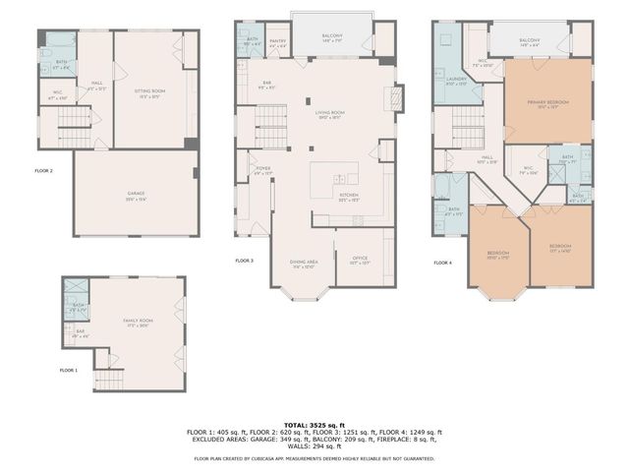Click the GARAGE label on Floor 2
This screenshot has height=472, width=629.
(x=136, y=194)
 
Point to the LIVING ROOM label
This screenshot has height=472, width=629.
(x=329, y=114)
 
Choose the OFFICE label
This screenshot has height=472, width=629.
(x=359, y=260)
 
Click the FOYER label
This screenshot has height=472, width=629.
(x=263, y=169)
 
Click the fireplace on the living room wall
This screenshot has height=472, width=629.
(x=396, y=99)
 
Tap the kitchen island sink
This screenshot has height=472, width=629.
(x=338, y=180)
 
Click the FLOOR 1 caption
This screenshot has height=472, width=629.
(x=68, y=370)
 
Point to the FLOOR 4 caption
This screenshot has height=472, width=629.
(x=443, y=263)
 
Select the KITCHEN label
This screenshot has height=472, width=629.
(x=350, y=197)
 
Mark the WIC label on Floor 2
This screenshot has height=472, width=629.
(x=58, y=96)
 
